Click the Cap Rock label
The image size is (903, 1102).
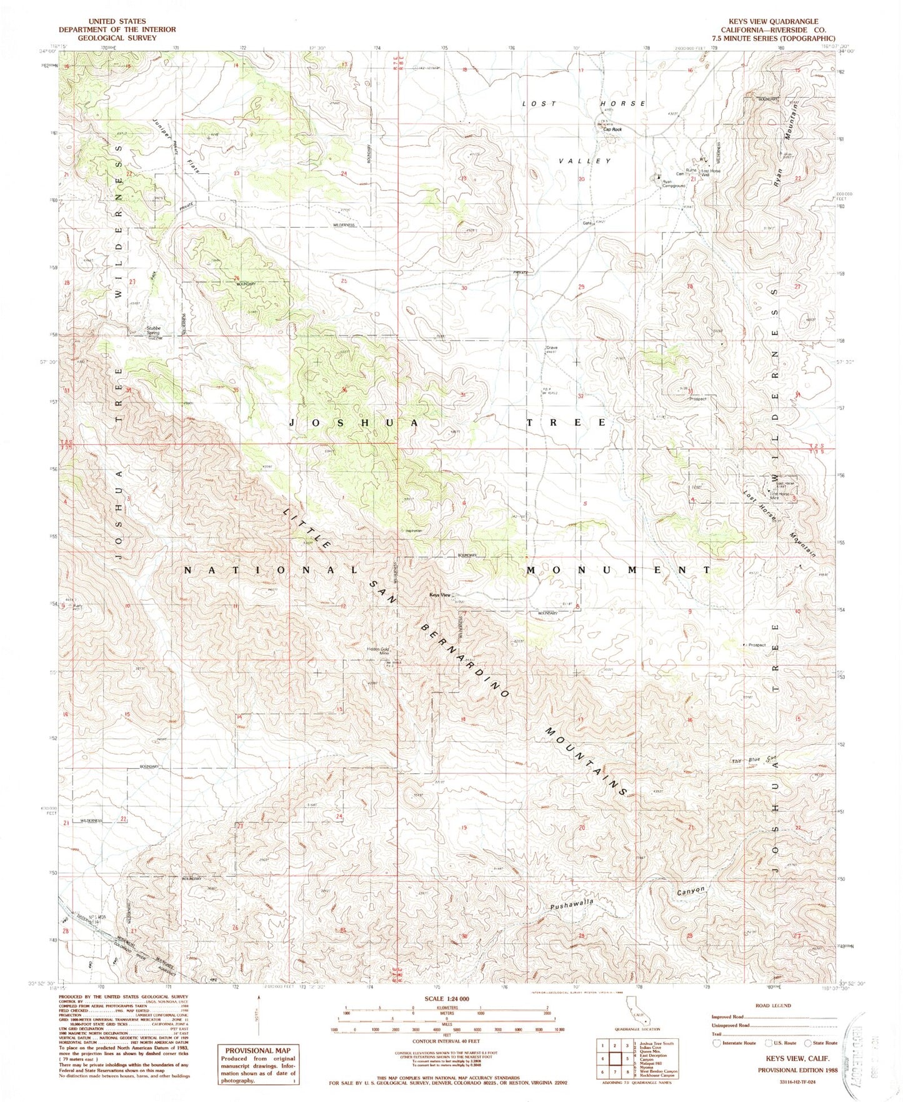pyautogui.click(x=612, y=129)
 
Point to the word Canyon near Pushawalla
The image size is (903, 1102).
pyautogui.click(x=691, y=890)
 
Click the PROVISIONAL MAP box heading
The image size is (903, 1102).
pyautogui.click(x=257, y=1051)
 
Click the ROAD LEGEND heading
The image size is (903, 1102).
pyautogui.click(x=773, y=1006)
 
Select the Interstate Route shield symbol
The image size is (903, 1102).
pyautogui.click(x=716, y=1043)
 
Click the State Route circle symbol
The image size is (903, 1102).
pyautogui.click(x=808, y=1043)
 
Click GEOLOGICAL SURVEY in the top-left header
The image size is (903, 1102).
pyautogui.click(x=117, y=38)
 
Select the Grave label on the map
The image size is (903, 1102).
pyautogui.click(x=551, y=348)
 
